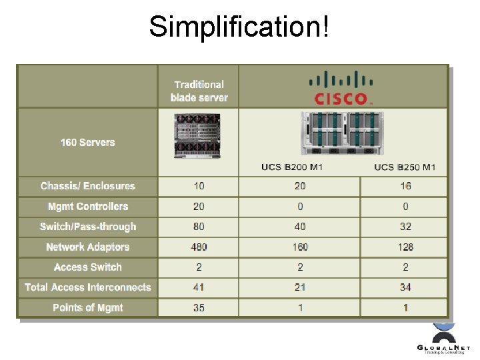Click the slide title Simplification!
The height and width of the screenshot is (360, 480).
[x=239, y=27]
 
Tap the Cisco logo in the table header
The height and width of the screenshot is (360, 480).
[x=341, y=88]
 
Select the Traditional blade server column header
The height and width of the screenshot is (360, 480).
[x=199, y=91]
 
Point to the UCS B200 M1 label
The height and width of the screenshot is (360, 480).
[x=291, y=167]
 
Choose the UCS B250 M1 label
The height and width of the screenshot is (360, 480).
[x=405, y=167]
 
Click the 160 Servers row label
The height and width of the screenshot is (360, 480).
[x=87, y=142]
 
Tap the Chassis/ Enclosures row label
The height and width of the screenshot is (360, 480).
[x=87, y=186]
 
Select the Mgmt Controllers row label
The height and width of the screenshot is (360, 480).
[x=87, y=207]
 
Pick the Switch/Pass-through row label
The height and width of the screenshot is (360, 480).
[x=87, y=227]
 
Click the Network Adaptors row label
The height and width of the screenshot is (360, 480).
[x=87, y=247]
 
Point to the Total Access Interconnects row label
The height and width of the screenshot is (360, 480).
[x=87, y=287]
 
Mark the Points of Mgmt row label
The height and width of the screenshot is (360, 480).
[x=87, y=307]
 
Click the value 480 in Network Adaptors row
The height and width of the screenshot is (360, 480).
[x=199, y=247]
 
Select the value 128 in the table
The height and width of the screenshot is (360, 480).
[x=405, y=247]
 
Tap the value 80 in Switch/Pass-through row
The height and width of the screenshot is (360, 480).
[x=199, y=227]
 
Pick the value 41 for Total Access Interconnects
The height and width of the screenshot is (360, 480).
[x=199, y=287]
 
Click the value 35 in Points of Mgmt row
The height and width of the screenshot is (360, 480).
[x=199, y=308]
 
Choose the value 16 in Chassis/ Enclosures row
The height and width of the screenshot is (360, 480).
[x=405, y=186]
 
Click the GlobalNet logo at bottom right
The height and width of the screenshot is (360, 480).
[x=443, y=341]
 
